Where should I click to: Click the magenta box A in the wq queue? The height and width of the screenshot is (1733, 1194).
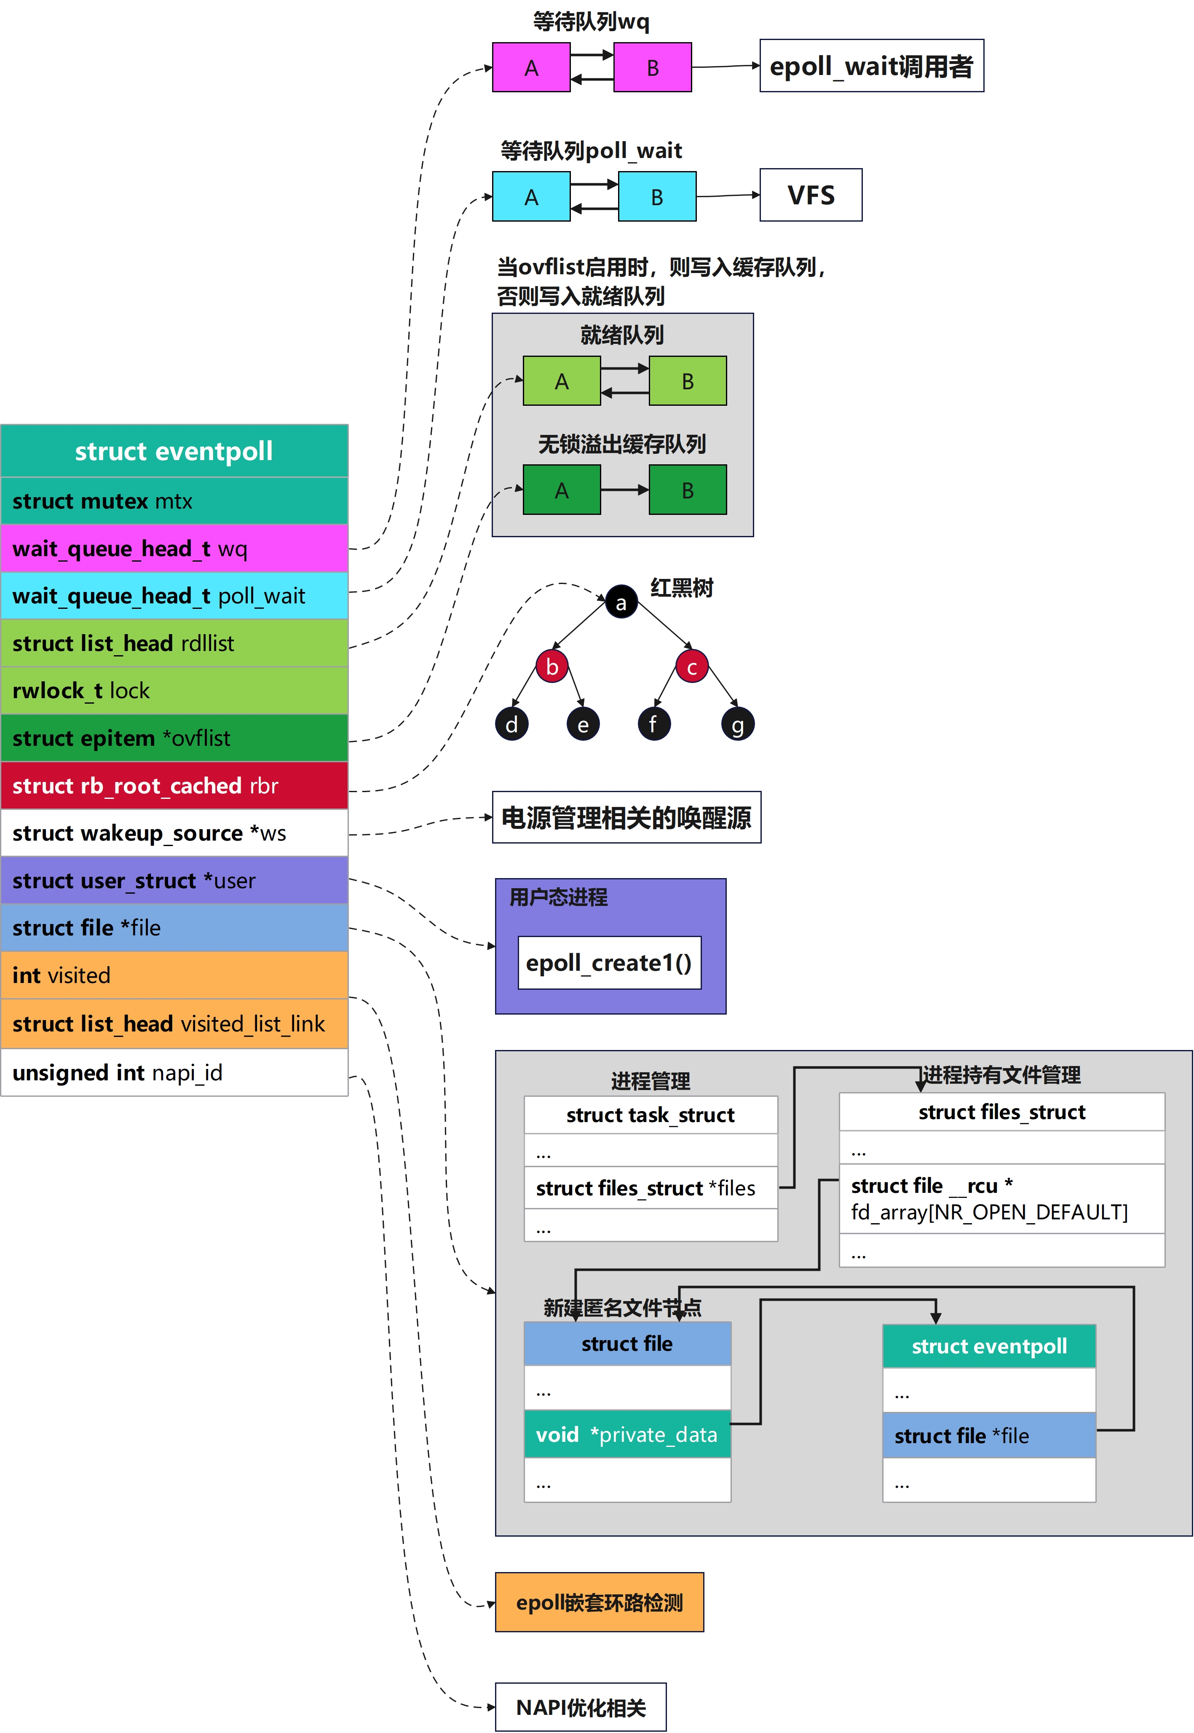pos(531,67)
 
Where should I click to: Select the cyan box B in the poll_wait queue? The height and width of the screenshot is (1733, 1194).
pos(657,197)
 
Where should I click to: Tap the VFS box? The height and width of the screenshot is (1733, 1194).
pos(811,195)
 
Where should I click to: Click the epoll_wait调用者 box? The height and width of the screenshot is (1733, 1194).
pos(872,66)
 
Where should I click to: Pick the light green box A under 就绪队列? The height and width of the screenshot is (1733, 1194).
pos(562,381)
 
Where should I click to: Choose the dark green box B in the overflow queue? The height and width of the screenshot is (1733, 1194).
pos(688,490)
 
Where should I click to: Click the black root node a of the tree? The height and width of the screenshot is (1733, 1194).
pos(621,602)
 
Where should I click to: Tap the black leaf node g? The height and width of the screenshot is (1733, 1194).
pos(738,724)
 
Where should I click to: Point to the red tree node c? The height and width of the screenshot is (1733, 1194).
pos(692,667)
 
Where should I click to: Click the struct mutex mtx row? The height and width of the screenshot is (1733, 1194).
pos(174,501)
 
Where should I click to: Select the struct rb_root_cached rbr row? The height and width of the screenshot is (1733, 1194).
pos(174,785)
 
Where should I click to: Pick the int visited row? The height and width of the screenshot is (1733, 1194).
pos(174,975)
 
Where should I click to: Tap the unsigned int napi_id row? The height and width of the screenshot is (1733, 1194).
pos(174,1073)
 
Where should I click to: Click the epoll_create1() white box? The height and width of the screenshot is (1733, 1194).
pos(610,963)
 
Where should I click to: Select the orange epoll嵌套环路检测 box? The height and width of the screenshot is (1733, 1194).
pos(599,1602)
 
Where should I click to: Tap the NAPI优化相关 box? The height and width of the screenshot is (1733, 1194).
pos(581,1708)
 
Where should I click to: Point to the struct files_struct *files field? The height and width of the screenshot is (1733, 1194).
pos(651,1188)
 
